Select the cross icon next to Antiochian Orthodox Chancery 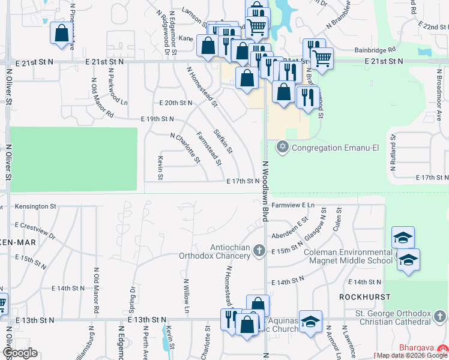coord(259,250)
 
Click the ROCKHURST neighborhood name coord(364,297)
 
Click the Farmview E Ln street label coord(293,205)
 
